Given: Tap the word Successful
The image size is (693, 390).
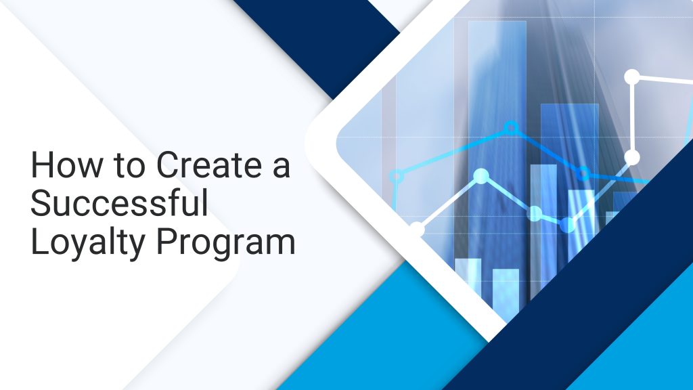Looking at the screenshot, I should (x=119, y=204).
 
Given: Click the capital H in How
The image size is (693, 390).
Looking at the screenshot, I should (x=41, y=166).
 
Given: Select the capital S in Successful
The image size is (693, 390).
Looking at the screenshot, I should (x=41, y=204).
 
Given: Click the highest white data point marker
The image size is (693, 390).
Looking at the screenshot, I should (x=631, y=77).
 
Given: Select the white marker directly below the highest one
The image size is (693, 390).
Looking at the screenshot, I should (x=631, y=158).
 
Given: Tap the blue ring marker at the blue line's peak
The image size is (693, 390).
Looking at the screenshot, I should (x=512, y=127).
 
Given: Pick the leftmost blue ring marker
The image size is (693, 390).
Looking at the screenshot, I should (x=397, y=177).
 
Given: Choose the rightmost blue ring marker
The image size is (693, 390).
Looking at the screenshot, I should (x=581, y=174).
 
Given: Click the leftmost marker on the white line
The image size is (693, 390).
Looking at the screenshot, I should (x=417, y=229).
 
